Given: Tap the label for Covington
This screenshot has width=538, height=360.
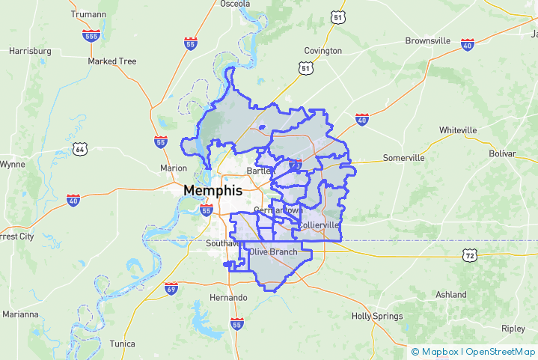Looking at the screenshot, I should coord(323,51).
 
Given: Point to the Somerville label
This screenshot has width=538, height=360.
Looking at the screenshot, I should coord(403,158).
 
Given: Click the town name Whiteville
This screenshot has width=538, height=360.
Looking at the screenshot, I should coord(458,130).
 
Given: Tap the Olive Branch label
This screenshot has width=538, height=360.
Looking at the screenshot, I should coord(273,252).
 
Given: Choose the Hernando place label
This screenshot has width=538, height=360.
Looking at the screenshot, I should coord(228,298).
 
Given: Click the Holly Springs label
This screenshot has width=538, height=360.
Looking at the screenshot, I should coord(377,317).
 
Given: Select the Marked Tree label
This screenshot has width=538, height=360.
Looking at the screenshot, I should coord(112,61).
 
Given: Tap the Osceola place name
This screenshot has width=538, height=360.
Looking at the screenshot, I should coord(235,4).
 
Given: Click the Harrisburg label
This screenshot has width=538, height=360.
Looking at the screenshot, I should coord(30,51).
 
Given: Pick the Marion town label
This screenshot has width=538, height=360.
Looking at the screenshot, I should coord(174,168).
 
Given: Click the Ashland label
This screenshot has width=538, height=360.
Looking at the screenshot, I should coord(451,295).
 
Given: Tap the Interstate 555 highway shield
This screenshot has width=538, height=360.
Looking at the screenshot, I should coord(93,35).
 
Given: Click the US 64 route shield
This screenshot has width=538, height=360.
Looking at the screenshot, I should coord(80,149).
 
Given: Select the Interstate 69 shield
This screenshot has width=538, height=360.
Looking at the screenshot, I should coord(171,288).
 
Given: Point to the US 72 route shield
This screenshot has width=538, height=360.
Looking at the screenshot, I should coord(469,255).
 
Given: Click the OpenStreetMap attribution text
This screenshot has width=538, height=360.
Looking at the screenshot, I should coord(500,352).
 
